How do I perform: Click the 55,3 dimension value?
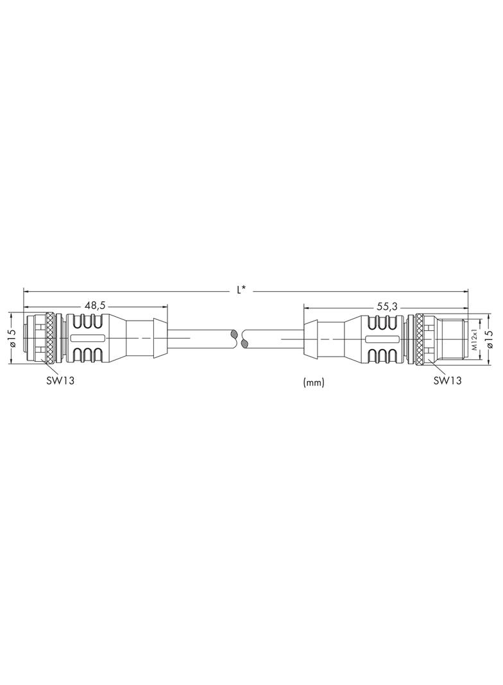coord(387,308)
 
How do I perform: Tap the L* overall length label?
coord(241,289)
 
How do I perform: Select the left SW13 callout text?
coord(60,380)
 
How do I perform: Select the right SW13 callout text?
coord(447,380)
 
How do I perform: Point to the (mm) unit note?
coord(314,383)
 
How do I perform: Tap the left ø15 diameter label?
coord(12,337)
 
